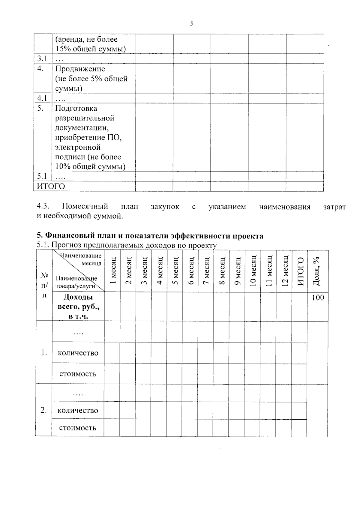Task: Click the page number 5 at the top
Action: click(191, 24)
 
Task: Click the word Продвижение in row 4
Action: click(80, 69)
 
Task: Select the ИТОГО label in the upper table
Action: click(51, 186)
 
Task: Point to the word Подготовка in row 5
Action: click(76, 108)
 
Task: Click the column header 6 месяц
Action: click(191, 271)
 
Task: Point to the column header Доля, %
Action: click(316, 271)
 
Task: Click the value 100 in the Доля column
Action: click(318, 298)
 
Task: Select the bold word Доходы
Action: click(78, 297)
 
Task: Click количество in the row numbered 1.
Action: click(78, 353)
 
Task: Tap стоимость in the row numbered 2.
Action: click(78, 428)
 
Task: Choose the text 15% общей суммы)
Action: click(90, 49)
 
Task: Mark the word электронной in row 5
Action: click(78, 147)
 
